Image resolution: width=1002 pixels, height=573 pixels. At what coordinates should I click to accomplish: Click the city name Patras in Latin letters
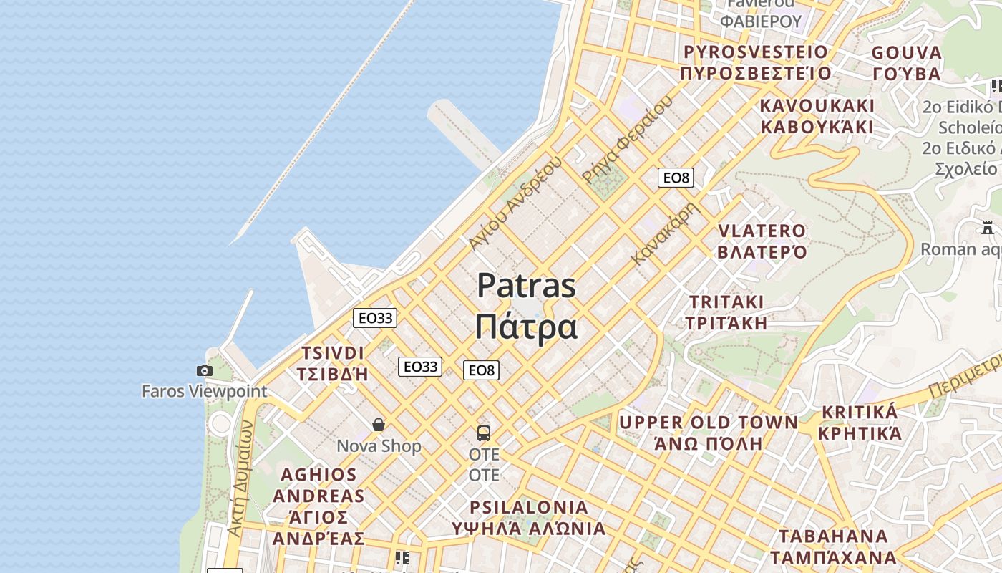point(526,286)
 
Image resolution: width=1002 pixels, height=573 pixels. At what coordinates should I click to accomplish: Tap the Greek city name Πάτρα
point(526,327)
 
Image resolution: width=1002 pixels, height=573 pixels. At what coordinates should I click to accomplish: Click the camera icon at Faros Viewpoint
point(205,370)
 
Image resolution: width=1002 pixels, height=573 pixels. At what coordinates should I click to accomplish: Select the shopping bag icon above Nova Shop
point(379,425)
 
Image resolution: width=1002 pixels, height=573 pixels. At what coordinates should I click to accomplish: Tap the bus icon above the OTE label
point(484,433)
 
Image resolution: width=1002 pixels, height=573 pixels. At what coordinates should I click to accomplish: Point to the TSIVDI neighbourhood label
point(333,353)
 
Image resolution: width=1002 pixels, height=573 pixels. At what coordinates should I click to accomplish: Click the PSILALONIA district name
point(529,508)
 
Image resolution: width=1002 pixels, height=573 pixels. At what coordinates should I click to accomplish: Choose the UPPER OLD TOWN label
point(709,423)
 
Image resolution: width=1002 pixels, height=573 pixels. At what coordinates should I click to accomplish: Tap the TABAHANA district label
point(833,536)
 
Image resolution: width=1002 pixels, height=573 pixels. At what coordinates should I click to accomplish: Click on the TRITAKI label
point(726,302)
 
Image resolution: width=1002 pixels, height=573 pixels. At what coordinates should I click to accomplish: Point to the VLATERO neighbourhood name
point(762,231)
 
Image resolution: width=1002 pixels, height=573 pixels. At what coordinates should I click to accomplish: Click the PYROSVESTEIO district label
point(755,52)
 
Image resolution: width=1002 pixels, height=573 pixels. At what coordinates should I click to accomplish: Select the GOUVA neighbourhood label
point(907,53)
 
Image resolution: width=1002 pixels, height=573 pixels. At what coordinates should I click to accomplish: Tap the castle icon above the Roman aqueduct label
point(988,228)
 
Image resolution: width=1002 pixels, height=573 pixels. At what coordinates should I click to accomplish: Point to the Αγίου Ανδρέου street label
point(514,203)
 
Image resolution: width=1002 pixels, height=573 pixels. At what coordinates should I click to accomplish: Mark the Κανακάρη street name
point(665,233)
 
